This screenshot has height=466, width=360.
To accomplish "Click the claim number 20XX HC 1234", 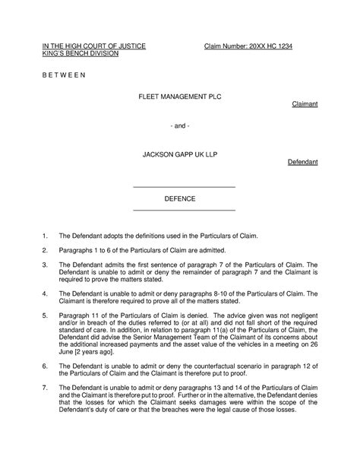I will click(x=248, y=47).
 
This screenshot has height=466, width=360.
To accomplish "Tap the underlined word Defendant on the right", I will click(x=303, y=163).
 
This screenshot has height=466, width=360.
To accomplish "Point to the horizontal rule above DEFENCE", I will click(x=184, y=187).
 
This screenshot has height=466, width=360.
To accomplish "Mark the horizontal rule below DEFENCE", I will click(x=184, y=210).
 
